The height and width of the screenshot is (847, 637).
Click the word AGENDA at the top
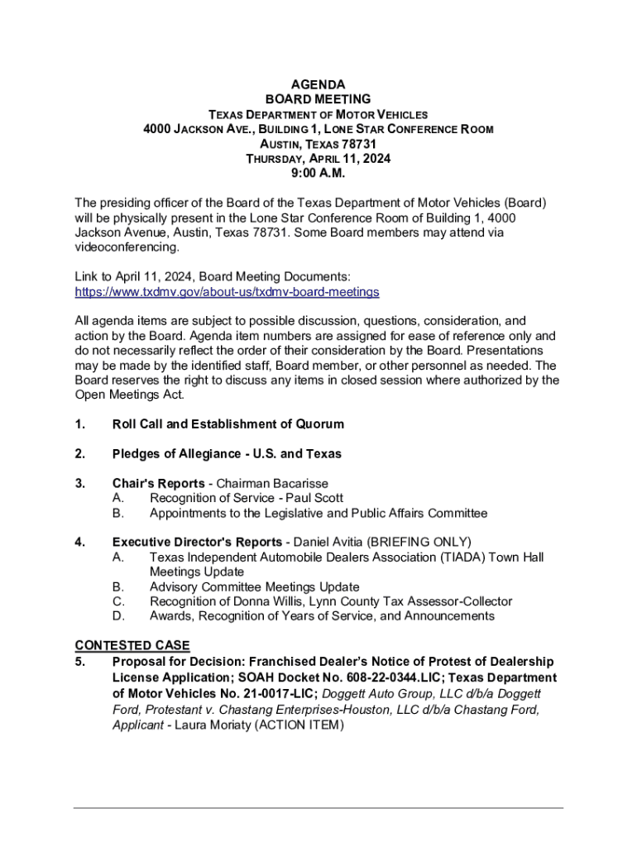pyautogui.click(x=318, y=84)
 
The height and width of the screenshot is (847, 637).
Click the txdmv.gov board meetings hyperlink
pyautogui.click(x=227, y=292)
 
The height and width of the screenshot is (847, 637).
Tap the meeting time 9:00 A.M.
pyautogui.click(x=318, y=174)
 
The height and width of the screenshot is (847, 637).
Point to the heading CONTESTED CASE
pyautogui.click(x=132, y=645)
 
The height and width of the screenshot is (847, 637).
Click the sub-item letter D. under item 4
pyautogui.click(x=118, y=616)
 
